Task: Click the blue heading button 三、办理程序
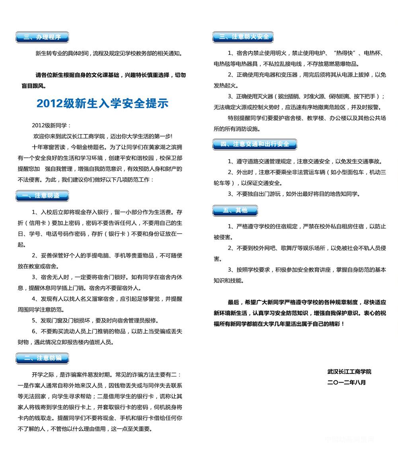(42, 37)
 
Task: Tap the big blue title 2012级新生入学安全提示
(102, 103)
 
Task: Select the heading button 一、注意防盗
(42, 195)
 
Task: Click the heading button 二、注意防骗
(42, 358)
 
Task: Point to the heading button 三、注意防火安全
(244, 37)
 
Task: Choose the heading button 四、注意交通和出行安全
(255, 144)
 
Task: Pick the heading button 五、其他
(235, 210)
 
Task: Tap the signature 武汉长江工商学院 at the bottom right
(349, 371)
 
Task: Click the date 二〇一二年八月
(346, 382)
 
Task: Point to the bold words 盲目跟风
(33, 85)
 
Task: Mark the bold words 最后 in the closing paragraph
(233, 302)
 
